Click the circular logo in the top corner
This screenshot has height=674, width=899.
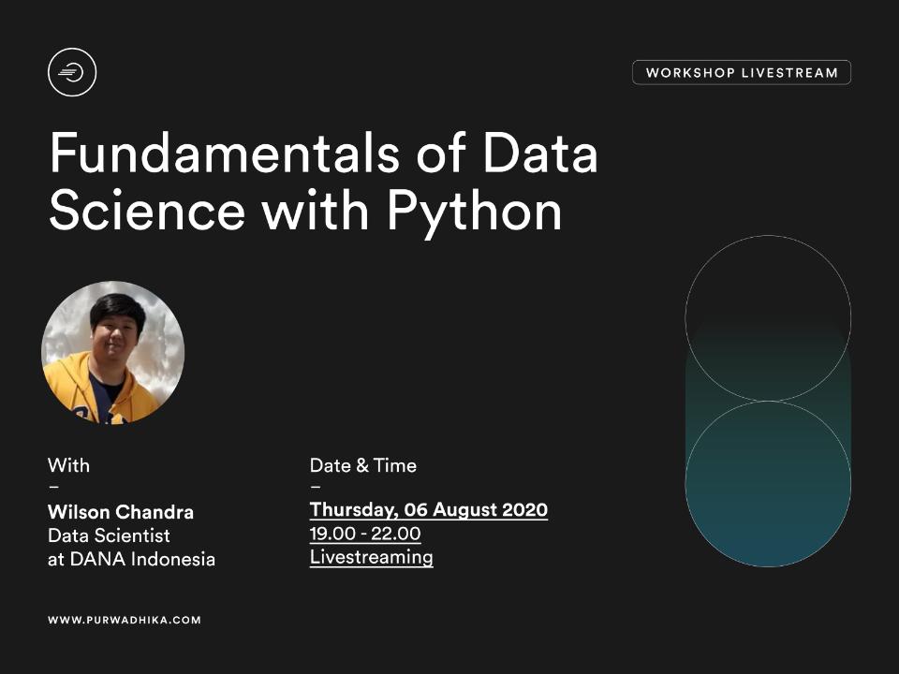coord(72,72)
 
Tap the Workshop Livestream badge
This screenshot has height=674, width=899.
coord(742,73)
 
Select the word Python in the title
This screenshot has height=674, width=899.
coord(474,211)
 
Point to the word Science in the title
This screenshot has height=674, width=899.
coord(147,211)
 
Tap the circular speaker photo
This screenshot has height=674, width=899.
coord(113,353)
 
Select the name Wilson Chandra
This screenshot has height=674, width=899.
coord(121,512)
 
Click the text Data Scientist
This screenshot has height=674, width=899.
coord(109,536)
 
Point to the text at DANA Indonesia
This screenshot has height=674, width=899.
coord(131,560)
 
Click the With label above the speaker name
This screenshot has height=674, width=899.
coord(68,465)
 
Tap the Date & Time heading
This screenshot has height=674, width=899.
coord(363,465)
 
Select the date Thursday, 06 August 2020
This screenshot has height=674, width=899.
coord(429,510)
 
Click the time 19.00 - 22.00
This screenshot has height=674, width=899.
coord(365,534)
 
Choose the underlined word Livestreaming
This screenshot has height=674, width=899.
coord(372,557)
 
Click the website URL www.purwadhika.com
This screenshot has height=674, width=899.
coord(125,620)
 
